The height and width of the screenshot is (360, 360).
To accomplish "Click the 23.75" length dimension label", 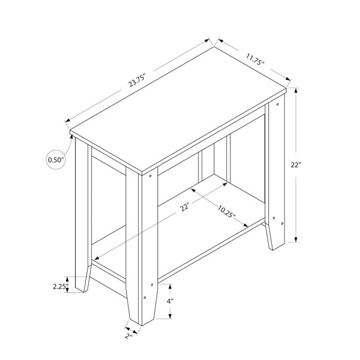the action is [x=137, y=80].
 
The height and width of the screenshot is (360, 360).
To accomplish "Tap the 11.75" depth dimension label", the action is [x=256, y=59].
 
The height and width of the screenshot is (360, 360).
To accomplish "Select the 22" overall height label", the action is [x=296, y=165].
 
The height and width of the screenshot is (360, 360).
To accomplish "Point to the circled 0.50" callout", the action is [x=56, y=160].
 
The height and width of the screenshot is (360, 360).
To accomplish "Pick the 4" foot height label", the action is [x=170, y=301].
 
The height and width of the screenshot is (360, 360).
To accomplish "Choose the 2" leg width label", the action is [x=129, y=335].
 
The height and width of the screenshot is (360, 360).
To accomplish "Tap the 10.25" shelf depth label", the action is [x=227, y=211].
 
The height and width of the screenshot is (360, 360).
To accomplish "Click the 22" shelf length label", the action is [x=185, y=207].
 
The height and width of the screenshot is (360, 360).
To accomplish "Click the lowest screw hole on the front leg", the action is [x=145, y=298].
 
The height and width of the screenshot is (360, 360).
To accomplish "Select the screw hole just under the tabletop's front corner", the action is [x=151, y=176].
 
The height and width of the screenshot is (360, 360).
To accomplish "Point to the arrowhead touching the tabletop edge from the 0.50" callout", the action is [x=71, y=137].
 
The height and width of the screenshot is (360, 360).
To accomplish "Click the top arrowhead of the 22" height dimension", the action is [x=296, y=91].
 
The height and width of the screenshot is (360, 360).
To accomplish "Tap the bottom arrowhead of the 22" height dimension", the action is [x=296, y=239].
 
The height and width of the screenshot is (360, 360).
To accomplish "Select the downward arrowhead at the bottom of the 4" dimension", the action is [x=170, y=316].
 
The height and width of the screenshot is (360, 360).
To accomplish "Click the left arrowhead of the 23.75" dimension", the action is [x=68, y=120].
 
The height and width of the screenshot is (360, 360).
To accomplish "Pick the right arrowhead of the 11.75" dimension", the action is [x=288, y=78].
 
